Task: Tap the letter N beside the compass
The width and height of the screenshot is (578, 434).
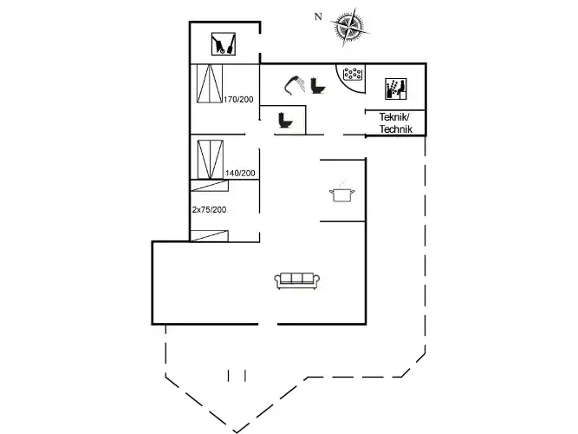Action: click(x=318, y=16)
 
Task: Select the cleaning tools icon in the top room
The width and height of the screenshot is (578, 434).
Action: click(x=224, y=43)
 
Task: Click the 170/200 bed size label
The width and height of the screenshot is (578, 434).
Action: click(x=239, y=101)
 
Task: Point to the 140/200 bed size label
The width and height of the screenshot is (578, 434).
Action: click(x=240, y=174)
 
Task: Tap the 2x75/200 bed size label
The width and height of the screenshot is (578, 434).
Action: click(x=209, y=209)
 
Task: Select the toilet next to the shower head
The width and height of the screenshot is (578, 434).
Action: click(x=318, y=84)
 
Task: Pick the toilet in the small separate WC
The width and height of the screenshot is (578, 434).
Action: click(x=284, y=122)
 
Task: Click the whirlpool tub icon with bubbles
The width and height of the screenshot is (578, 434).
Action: click(x=352, y=76)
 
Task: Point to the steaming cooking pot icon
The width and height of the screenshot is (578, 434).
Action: click(x=341, y=194)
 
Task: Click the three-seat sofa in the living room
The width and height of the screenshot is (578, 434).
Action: click(x=297, y=279)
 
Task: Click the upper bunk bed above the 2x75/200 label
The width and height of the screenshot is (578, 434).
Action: click(x=209, y=186)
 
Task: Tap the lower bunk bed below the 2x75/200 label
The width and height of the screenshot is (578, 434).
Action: click(x=209, y=234)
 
